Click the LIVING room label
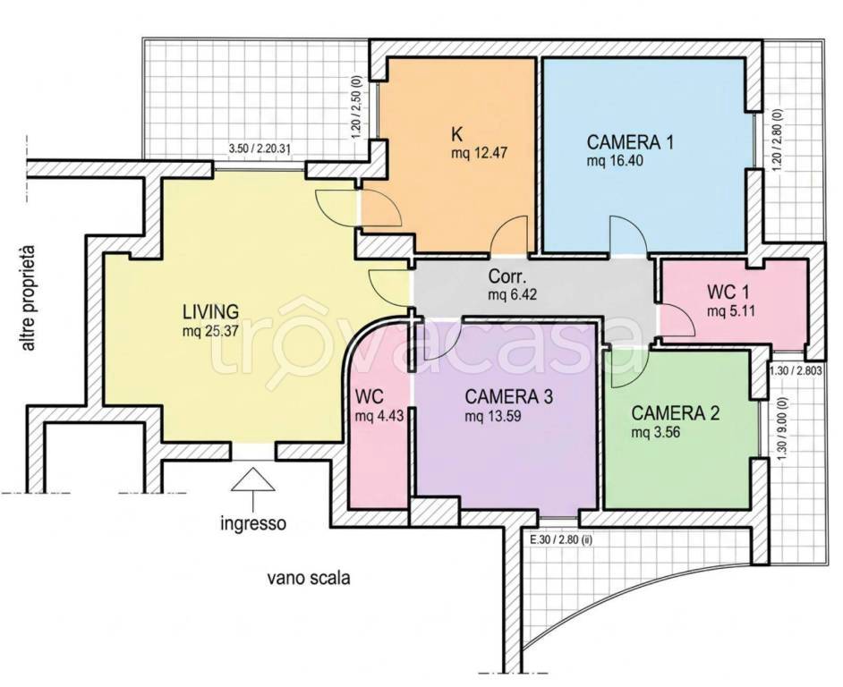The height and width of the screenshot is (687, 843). (x=211, y=311)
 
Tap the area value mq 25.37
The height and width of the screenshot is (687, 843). (x=210, y=331)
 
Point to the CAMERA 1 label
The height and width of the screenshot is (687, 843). (x=630, y=142)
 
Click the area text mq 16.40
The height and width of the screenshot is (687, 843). (x=615, y=161)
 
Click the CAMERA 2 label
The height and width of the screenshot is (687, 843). (x=676, y=413)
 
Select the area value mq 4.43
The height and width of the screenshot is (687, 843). (x=379, y=416)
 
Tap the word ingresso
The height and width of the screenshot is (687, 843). (x=253, y=523)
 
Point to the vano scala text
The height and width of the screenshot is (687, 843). (x=309, y=579)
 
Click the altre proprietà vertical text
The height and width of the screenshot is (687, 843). (x=28, y=299)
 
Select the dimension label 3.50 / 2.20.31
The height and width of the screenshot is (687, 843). (x=260, y=149)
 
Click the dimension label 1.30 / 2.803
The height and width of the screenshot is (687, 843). (x=796, y=369)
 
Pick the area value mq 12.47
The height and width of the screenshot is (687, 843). (x=480, y=153)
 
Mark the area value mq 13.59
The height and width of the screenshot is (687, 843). (x=493, y=416)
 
